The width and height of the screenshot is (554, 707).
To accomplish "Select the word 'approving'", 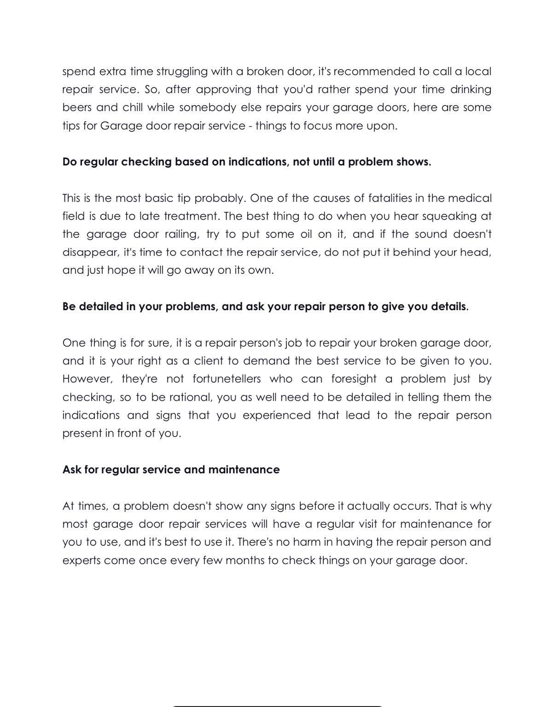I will [x=223, y=89].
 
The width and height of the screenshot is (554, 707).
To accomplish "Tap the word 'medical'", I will [x=470, y=198].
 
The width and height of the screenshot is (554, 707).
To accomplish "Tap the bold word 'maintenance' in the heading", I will [x=244, y=470].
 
